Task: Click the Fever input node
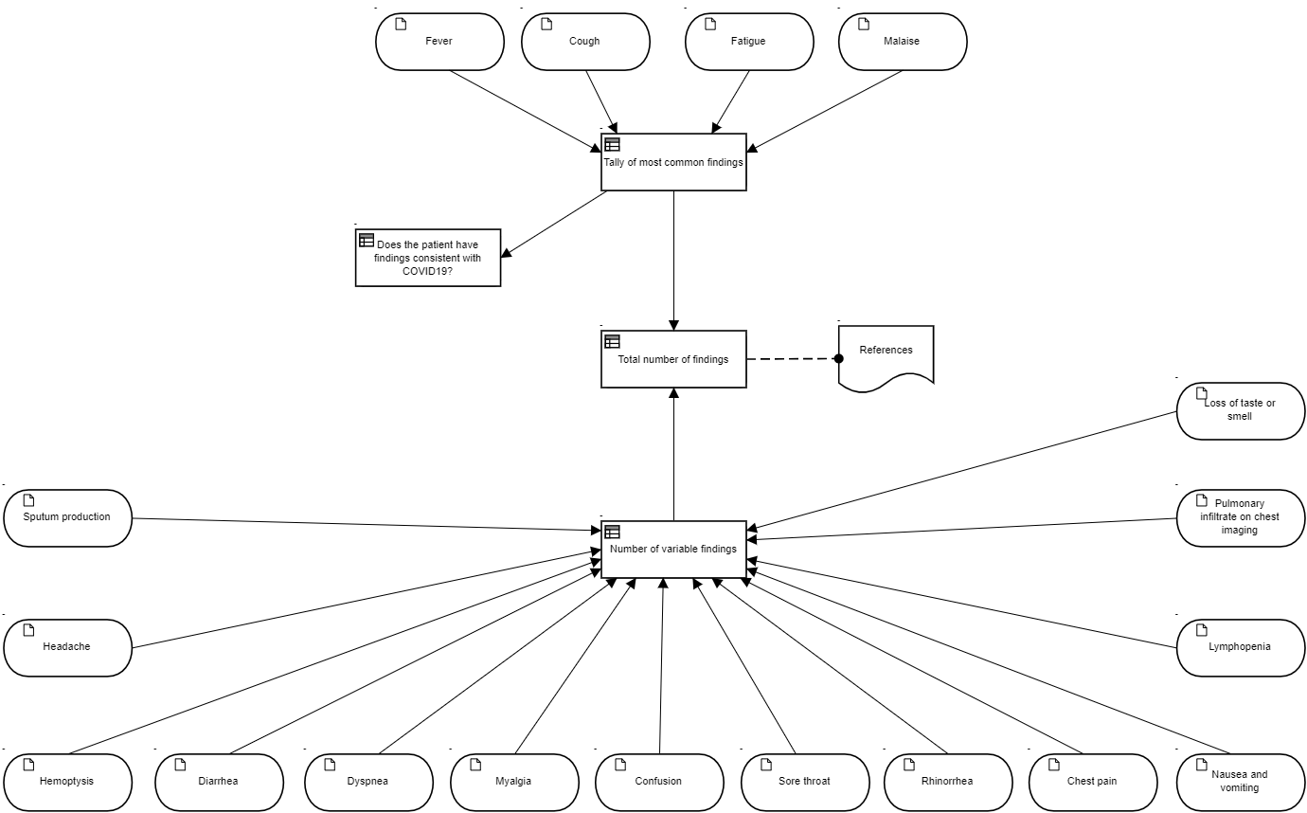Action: click(x=440, y=42)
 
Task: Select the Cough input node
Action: click(x=586, y=42)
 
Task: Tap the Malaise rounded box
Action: click(x=903, y=42)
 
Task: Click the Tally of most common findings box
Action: click(x=674, y=162)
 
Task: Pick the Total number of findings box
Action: click(x=674, y=359)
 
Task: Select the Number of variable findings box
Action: click(x=674, y=550)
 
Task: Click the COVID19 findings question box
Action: click(x=428, y=258)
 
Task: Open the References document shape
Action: click(x=886, y=358)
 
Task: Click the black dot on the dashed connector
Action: click(x=838, y=358)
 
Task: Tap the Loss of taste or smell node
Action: click(x=1241, y=411)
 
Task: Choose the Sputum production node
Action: click(x=67, y=518)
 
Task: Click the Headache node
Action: click(x=67, y=648)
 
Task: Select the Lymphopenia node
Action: click(x=1241, y=648)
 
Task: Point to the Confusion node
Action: click(x=659, y=782)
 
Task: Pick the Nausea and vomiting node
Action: click(x=1241, y=782)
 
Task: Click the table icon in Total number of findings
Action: click(x=612, y=341)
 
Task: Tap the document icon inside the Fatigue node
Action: click(x=710, y=24)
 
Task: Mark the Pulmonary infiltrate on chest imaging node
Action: click(x=1241, y=518)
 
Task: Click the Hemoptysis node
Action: click(x=67, y=782)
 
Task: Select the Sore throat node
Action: click(x=805, y=782)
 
